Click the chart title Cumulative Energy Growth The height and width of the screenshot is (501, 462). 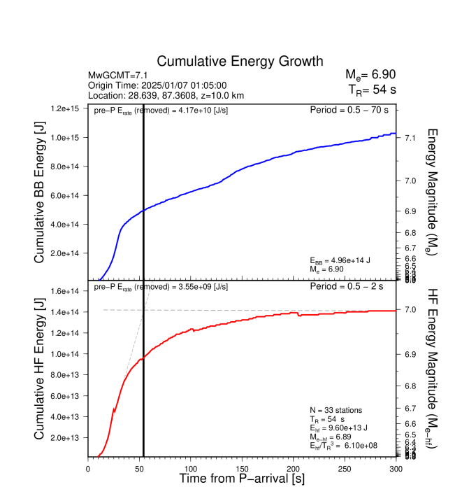pyautogui.click(x=240, y=62)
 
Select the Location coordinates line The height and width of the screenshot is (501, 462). pyautogui.click(x=166, y=94)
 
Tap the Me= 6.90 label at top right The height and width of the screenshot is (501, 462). pyautogui.click(x=370, y=75)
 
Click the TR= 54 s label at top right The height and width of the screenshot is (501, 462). pyautogui.click(x=372, y=89)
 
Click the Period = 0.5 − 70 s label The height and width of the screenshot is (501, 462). pyautogui.click(x=352, y=110)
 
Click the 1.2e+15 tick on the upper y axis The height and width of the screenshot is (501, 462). pyautogui.click(x=65, y=109)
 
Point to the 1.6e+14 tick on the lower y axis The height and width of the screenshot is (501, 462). pyautogui.click(x=65, y=291)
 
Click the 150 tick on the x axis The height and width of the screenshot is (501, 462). pyautogui.click(x=242, y=469)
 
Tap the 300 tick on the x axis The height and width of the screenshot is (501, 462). pyautogui.click(x=396, y=469)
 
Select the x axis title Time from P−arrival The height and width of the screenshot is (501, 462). pyautogui.click(x=241, y=479)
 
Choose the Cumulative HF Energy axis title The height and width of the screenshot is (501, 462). pyautogui.click(x=40, y=369)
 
